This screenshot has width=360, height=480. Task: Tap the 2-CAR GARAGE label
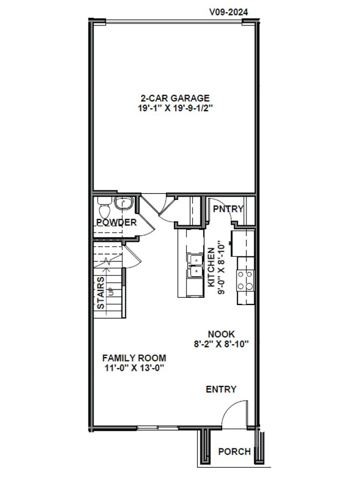pyautogui.click(x=174, y=99)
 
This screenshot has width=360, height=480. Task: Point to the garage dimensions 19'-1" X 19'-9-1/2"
pyautogui.click(x=176, y=109)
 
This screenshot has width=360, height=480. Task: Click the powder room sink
pyautogui.click(x=124, y=205)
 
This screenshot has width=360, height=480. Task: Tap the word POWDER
pyautogui.click(x=116, y=223)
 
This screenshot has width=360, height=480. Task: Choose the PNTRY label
pyautogui.click(x=228, y=209)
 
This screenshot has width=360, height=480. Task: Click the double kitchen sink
pyautogui.click(x=194, y=266)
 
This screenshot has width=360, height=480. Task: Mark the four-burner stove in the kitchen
pyautogui.click(x=245, y=280)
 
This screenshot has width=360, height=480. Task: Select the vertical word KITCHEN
pyautogui.click(x=211, y=267)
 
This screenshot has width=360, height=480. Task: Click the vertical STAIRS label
pyautogui.click(x=101, y=293)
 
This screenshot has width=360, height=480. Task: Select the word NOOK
pyautogui.click(x=222, y=334)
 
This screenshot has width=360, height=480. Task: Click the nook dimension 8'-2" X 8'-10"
pyautogui.click(x=222, y=344)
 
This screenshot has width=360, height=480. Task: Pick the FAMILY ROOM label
pyautogui.click(x=134, y=358)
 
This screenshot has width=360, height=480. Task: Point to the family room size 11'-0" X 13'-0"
pyautogui.click(x=134, y=368)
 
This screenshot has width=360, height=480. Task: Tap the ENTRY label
pyautogui.click(x=221, y=389)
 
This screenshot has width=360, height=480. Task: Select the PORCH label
pyautogui.click(x=234, y=452)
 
